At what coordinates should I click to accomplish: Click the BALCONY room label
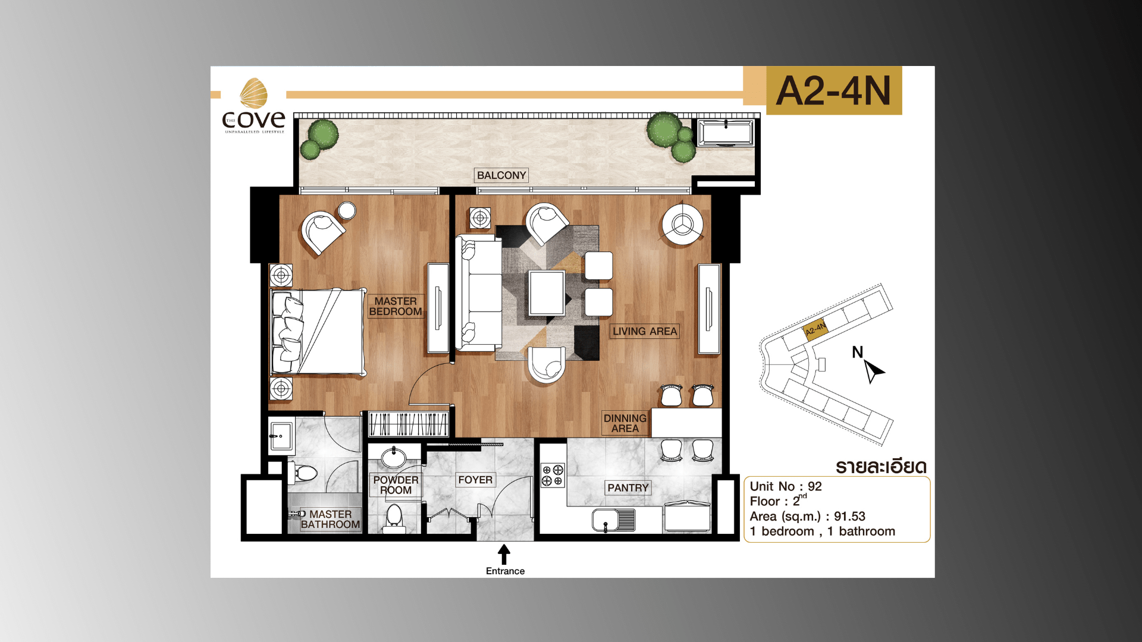[x=501, y=175]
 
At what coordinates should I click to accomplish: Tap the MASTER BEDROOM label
[x=396, y=306]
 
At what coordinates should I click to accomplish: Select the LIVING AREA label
[x=645, y=331]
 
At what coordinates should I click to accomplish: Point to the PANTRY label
[x=628, y=487]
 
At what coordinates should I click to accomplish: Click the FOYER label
[x=475, y=480]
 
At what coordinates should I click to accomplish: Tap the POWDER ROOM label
[x=396, y=484]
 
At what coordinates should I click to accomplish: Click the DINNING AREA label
[x=625, y=423]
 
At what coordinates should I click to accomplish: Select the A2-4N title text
[x=833, y=91]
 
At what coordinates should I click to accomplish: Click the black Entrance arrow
[x=504, y=554]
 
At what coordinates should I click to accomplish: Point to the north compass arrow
[x=873, y=370]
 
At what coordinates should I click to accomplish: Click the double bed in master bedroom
[x=318, y=332]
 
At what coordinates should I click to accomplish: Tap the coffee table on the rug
[x=547, y=292]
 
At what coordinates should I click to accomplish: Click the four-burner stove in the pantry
[x=552, y=475]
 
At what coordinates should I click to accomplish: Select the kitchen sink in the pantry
[x=613, y=520]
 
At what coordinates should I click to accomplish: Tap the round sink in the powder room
[x=394, y=458]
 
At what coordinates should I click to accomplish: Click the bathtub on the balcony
[x=726, y=132]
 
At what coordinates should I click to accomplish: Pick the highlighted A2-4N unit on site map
[x=815, y=329]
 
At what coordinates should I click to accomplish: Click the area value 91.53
[x=849, y=516]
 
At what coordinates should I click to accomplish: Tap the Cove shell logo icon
[x=253, y=93]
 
